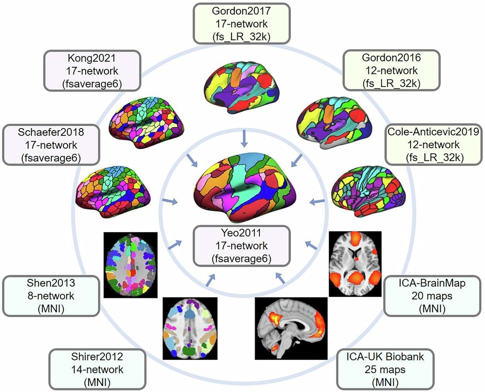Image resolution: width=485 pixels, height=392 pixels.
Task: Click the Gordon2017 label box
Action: tap(241, 24)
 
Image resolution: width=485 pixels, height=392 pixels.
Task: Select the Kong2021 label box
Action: tap(92, 71)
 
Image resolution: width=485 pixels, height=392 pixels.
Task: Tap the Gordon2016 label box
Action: tap(391, 71)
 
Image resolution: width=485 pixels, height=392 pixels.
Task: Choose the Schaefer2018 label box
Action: tap(51, 145)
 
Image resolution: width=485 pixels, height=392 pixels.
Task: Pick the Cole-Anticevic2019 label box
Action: tap(434, 145)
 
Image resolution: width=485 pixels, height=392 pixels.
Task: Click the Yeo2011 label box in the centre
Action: tap(242, 246)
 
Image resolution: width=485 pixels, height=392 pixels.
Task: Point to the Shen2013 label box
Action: tap(51, 296)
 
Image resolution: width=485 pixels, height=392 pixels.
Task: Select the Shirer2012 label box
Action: tap(97, 369)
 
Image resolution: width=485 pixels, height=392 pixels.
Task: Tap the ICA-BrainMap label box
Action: tap(432, 296)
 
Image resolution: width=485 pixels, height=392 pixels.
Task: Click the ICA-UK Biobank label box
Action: tap(385, 369)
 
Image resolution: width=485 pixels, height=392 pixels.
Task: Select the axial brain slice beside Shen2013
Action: tap(130, 265)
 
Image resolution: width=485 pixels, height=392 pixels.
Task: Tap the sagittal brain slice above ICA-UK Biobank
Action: tap(291, 328)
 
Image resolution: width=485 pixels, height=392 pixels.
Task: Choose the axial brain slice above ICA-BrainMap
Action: tap(355, 264)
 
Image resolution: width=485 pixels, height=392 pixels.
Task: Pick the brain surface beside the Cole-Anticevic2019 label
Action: tap(368, 191)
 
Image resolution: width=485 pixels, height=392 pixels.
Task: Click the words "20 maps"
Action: tap(432, 296)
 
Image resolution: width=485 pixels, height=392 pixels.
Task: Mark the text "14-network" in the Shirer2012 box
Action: tap(97, 369)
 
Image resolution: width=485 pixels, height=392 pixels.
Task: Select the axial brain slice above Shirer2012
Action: tap(190, 328)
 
